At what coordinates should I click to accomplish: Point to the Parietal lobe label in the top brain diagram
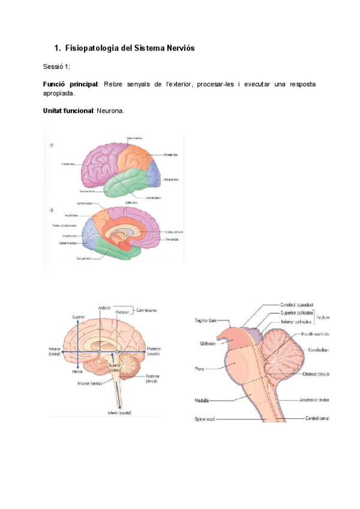[x=170, y=155]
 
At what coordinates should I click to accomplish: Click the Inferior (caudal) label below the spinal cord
[x=119, y=413]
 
